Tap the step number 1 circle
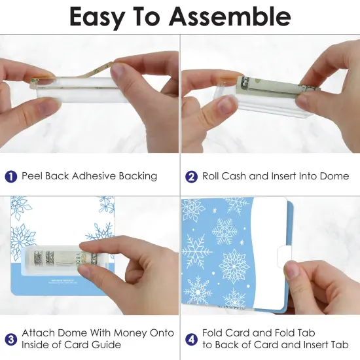[x=11, y=176]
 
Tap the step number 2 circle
[x=192, y=176]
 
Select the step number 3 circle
[x=11, y=338]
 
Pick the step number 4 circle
[x=192, y=338]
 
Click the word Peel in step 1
[x=33, y=176]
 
